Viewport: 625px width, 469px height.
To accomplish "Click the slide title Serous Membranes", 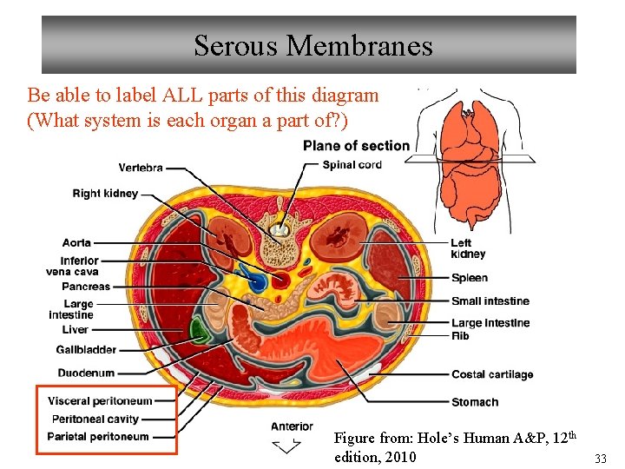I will point(312,45).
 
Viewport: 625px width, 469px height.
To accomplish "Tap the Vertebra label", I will point(141,168).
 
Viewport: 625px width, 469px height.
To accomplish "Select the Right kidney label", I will point(105,194).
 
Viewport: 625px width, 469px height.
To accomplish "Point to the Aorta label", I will point(76,243).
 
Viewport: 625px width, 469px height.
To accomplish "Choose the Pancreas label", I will point(86,287).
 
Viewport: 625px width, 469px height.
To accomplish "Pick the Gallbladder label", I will point(86,350).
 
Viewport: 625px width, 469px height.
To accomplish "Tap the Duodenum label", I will point(86,373).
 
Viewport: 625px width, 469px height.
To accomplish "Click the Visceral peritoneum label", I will point(100,401).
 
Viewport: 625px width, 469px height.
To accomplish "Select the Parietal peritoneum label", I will point(98,437).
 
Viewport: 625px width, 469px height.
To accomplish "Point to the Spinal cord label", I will point(352,165).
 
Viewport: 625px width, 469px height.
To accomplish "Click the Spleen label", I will point(469,278).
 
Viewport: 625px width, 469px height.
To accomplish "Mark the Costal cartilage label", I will point(492,374).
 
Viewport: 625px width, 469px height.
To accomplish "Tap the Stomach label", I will point(475,402).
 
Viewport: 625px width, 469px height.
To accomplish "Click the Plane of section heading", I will point(356,146).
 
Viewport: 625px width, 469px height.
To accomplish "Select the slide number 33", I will point(600,458).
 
